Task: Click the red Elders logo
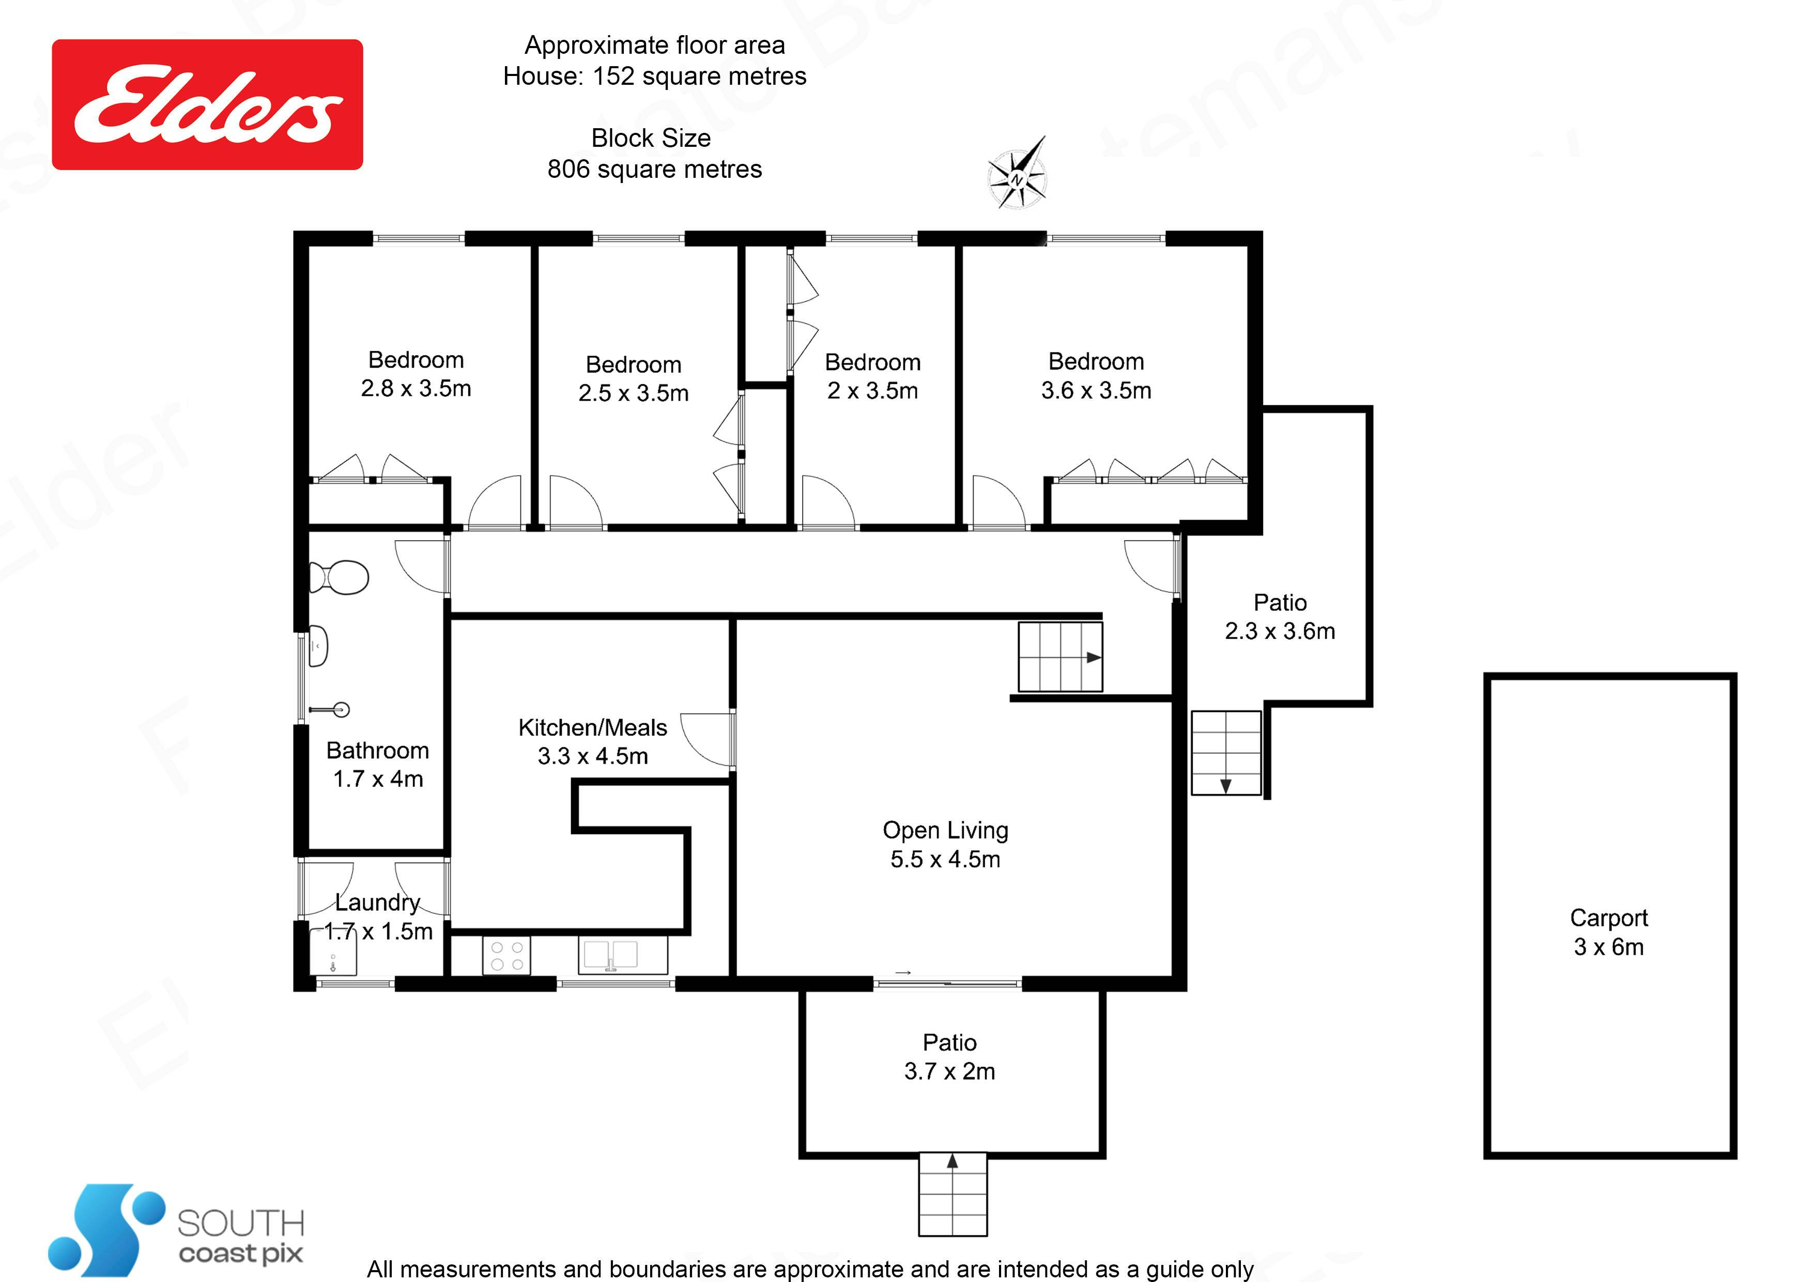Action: [x=207, y=104]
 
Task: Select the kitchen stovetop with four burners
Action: [x=506, y=955]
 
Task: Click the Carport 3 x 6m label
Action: [x=1608, y=932]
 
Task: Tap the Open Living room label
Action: [x=945, y=844]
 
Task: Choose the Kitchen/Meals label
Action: [x=592, y=742]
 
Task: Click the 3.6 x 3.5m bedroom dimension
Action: [x=1096, y=390]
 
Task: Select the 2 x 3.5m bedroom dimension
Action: [x=872, y=391]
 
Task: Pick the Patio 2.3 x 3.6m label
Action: [x=1280, y=617]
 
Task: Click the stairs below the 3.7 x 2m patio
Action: [x=953, y=1194]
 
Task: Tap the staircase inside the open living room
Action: [x=1059, y=657]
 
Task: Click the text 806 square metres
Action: [x=655, y=169]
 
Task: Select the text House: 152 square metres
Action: [x=655, y=76]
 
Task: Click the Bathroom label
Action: [x=377, y=751]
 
